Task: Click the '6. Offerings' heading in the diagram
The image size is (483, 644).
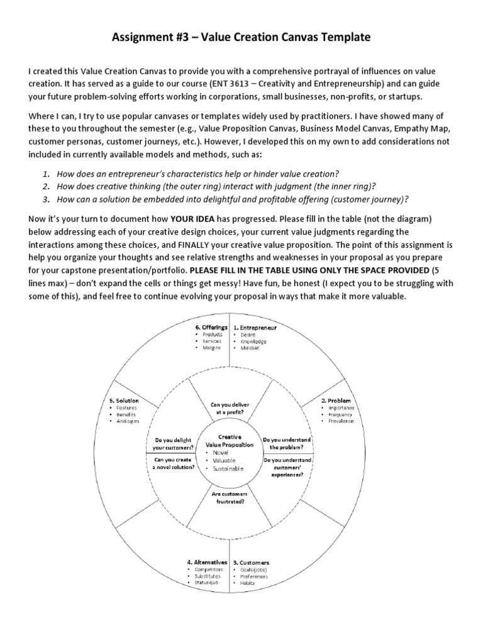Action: pos(211,328)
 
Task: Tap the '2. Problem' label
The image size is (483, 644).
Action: pos(336,400)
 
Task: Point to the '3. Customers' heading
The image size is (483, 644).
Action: pos(251,562)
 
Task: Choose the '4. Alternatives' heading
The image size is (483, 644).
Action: pos(207,562)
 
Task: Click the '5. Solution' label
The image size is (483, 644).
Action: pos(123,400)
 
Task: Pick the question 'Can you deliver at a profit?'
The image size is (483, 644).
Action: pos(229,408)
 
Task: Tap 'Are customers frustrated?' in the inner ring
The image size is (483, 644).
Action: pos(229,498)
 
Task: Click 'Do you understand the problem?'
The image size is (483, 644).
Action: pos(287,443)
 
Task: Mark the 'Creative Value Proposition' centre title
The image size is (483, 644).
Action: pos(229,440)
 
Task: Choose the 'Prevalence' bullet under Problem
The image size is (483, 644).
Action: pos(340,421)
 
